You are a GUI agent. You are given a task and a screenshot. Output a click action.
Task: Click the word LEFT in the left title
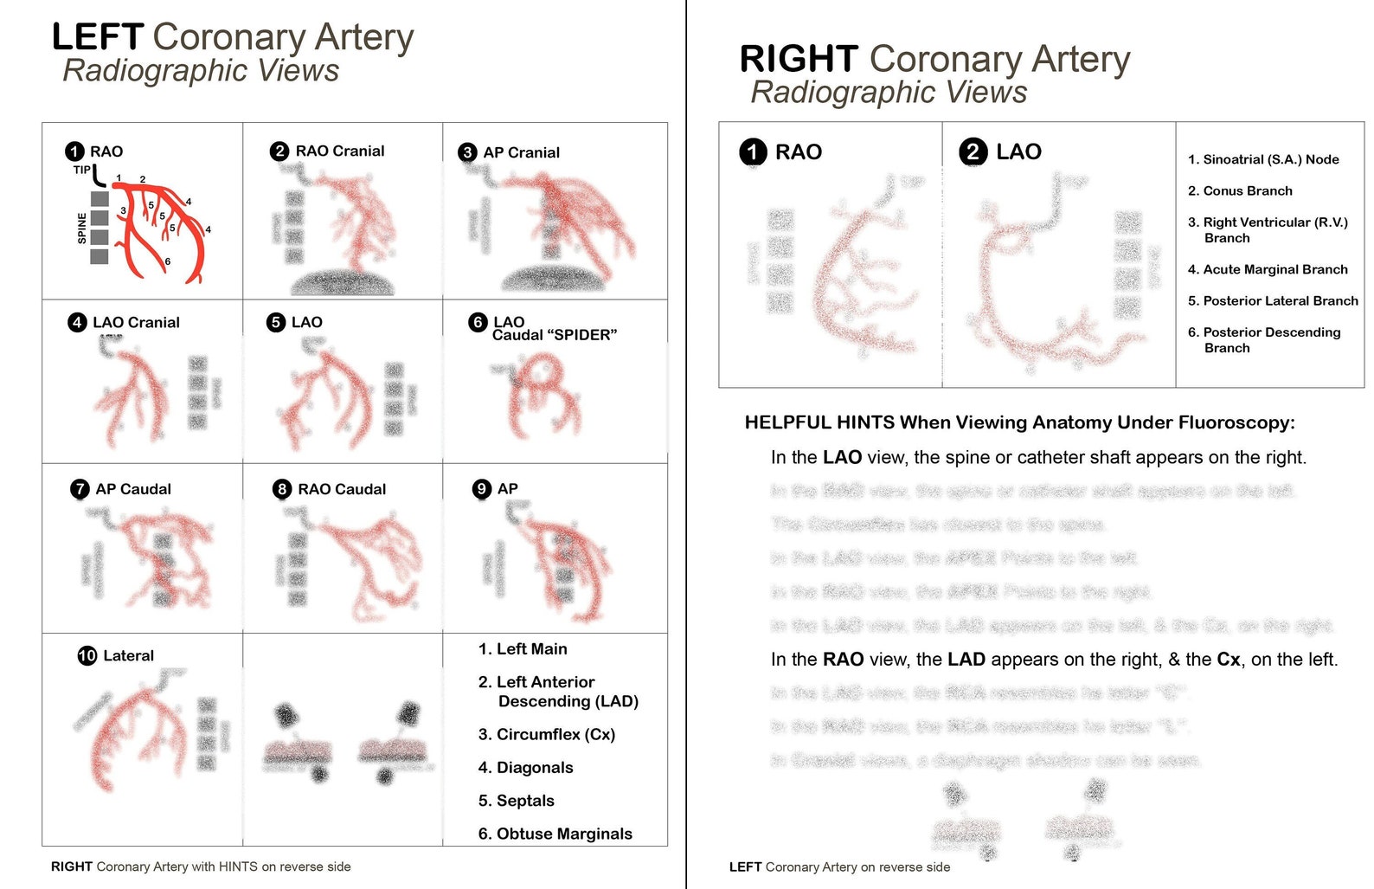(97, 37)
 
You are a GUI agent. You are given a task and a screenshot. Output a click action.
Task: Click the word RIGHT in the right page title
(798, 60)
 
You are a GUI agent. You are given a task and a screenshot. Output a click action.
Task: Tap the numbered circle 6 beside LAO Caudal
(478, 322)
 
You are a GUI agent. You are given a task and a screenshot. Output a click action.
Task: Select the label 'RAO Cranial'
(339, 151)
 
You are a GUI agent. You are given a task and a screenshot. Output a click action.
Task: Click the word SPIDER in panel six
(582, 335)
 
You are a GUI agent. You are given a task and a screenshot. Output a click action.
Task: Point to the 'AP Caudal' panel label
(133, 489)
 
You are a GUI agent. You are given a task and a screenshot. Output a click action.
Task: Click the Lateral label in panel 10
(128, 656)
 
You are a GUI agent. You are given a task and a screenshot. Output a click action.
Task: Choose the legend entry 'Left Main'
(531, 649)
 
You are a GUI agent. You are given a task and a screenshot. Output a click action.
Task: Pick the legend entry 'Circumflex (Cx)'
(555, 735)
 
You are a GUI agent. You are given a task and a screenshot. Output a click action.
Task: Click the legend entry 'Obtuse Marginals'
(564, 834)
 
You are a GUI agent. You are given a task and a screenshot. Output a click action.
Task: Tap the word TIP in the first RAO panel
(81, 171)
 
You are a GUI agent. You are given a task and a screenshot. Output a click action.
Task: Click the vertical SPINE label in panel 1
(82, 228)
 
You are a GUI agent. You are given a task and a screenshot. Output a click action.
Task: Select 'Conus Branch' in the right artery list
(1248, 191)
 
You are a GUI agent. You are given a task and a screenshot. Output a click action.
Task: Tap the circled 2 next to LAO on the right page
(973, 152)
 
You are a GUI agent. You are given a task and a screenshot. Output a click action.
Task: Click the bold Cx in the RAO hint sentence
(1228, 660)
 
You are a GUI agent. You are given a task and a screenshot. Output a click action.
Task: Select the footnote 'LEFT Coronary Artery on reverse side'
(839, 867)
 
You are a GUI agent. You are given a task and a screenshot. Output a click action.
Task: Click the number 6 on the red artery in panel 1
(168, 261)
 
